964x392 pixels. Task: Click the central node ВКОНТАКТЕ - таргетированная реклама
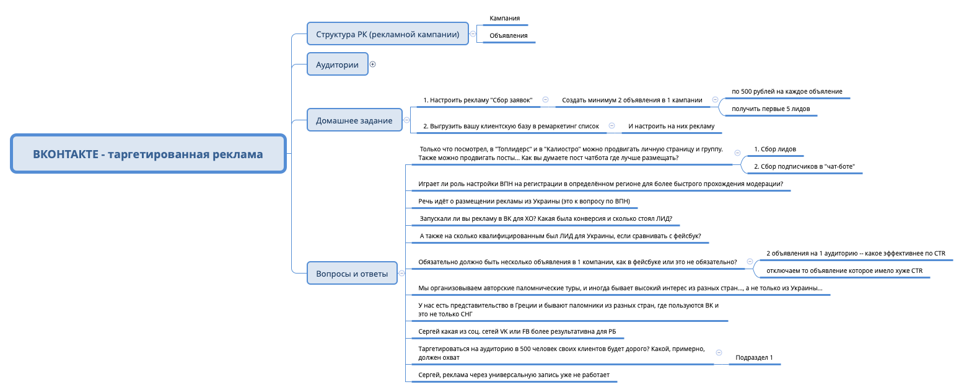[148, 154]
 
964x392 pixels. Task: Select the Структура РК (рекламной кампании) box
[387, 34]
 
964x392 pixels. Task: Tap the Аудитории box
[337, 65]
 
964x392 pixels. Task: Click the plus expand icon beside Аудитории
[372, 64]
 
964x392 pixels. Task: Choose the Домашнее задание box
[354, 120]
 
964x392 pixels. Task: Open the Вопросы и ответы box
[352, 274]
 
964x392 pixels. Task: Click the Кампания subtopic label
[504, 19]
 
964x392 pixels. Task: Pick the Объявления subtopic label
[508, 35]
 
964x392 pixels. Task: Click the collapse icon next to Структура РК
[473, 34]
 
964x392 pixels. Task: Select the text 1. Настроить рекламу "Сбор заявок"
[478, 100]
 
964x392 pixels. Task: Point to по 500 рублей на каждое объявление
[787, 91]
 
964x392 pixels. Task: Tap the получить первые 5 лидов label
[771, 109]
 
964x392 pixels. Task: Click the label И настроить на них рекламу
[671, 126]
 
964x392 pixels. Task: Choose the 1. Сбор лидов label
[774, 149]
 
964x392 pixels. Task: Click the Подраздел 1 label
[754, 358]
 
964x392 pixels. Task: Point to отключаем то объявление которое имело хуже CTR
[844, 270]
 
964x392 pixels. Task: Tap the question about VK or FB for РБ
[517, 332]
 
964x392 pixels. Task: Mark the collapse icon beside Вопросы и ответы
[401, 273]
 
